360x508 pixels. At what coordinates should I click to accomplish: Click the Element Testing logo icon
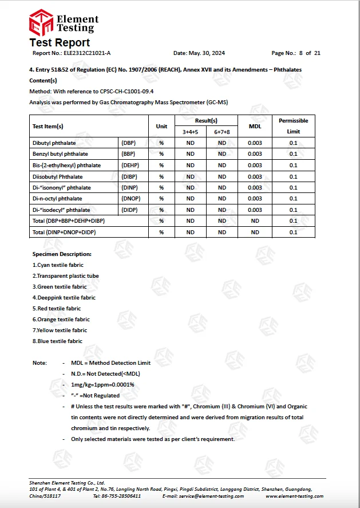41,22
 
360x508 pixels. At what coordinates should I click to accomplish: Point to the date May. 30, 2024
207,53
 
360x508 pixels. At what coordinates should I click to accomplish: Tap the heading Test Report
60,42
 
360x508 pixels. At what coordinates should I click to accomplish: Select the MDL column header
255,126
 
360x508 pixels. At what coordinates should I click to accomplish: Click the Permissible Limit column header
293,126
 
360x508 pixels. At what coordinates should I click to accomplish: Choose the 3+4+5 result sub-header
190,132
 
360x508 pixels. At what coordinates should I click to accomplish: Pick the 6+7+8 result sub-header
222,132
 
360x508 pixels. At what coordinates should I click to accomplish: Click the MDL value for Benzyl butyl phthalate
255,154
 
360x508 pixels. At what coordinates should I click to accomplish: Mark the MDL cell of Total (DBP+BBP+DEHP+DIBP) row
255,221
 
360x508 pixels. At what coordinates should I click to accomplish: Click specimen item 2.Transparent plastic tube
65,275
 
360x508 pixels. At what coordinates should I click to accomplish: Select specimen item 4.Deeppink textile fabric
64,298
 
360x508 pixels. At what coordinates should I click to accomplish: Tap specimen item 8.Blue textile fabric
57,341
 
